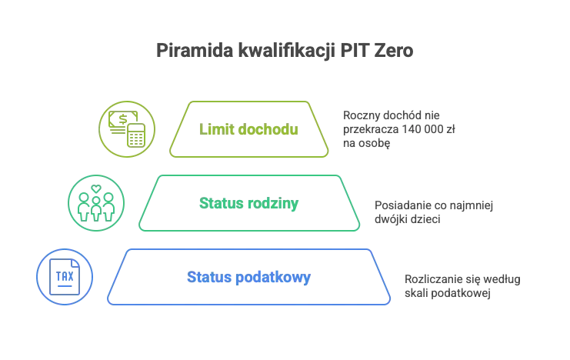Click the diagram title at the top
click(x=285, y=52)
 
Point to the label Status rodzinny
click(x=248, y=204)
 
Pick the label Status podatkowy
click(x=248, y=277)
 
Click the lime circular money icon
click(x=128, y=128)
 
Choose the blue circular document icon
click(x=63, y=275)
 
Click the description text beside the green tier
click(x=435, y=212)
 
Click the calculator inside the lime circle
click(x=135, y=135)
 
